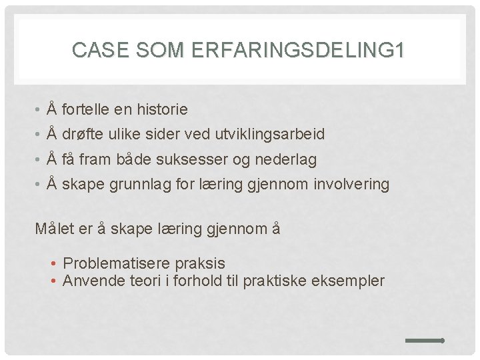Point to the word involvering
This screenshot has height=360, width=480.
point(350,185)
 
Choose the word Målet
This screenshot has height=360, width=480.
point(55,229)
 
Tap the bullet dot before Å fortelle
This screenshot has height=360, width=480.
point(40,109)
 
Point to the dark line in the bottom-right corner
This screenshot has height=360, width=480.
point(425,341)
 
